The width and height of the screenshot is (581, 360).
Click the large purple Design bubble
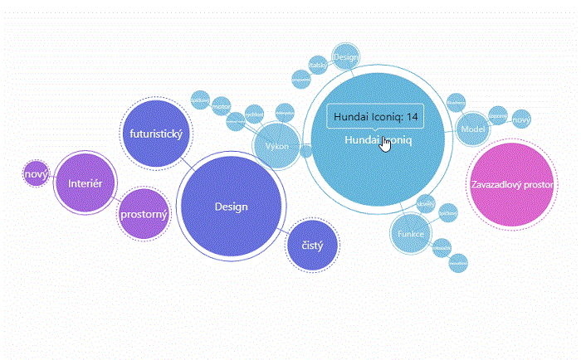pyautogui.click(x=231, y=207)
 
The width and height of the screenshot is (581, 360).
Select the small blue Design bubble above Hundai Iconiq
pyautogui.click(x=345, y=56)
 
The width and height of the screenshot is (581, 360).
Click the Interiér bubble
pyautogui.click(x=84, y=182)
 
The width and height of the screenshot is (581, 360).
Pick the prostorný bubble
pyautogui.click(x=144, y=215)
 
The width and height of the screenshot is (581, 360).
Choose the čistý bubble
pyautogui.click(x=312, y=246)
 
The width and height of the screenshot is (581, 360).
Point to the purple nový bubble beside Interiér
pyautogui.click(x=36, y=174)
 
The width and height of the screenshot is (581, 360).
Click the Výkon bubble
pyautogui.click(x=277, y=147)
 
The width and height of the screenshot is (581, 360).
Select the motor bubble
pyautogui.click(x=220, y=106)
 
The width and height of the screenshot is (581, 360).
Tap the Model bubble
pyautogui.click(x=472, y=129)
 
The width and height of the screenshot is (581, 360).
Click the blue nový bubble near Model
pyautogui.click(x=521, y=120)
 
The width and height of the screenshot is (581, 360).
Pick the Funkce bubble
pyautogui.click(x=410, y=234)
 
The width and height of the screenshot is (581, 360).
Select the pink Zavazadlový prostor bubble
pyautogui.click(x=511, y=184)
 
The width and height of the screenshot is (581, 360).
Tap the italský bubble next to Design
pyautogui.click(x=317, y=64)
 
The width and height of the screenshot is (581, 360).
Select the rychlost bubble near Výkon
pyautogui.click(x=255, y=112)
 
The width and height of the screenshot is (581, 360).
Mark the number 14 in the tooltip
pyautogui.click(x=413, y=117)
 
